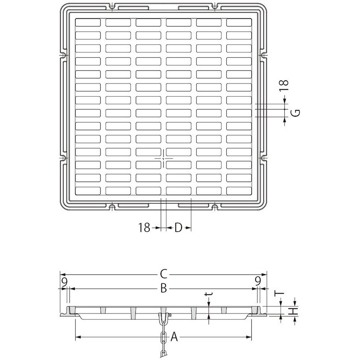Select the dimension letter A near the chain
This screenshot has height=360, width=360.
[x=174, y=338]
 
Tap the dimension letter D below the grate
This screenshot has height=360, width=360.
[x=178, y=228]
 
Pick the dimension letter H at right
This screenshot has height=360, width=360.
[x=295, y=311]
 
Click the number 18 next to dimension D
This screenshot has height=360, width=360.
[x=144, y=228]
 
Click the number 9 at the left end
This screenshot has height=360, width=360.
[x=64, y=281]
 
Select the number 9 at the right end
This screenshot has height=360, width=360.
[x=258, y=281]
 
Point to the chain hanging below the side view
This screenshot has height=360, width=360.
[x=163, y=341]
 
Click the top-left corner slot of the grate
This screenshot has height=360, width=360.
[x=88, y=23]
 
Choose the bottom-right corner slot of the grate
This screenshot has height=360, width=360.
[x=238, y=191]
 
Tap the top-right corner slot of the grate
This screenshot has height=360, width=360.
[x=238, y=23]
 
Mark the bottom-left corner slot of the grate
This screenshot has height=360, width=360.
[x=88, y=191]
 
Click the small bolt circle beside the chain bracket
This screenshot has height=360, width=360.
[x=170, y=316]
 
